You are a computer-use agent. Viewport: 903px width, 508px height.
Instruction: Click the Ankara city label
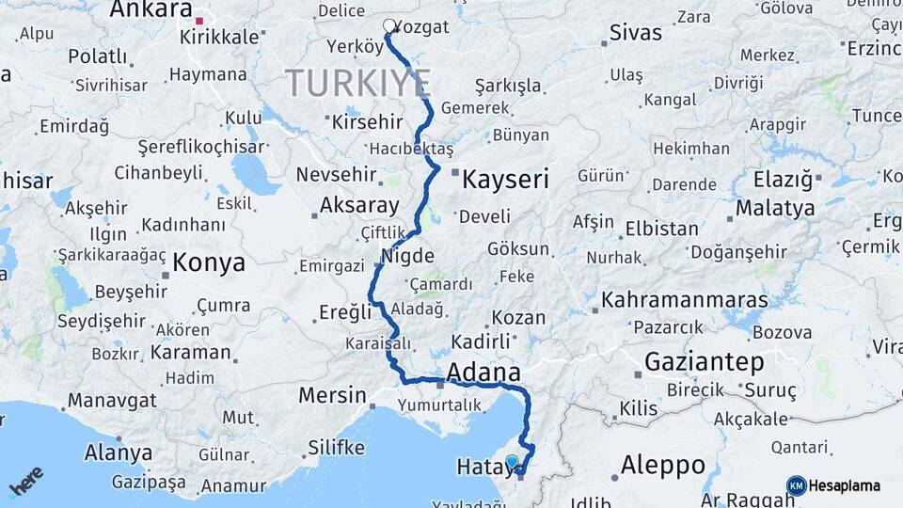point(150,10)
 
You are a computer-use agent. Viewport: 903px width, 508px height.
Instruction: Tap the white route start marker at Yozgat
point(389,25)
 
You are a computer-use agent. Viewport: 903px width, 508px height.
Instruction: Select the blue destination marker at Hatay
point(512,461)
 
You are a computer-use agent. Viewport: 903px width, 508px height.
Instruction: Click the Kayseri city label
point(504,179)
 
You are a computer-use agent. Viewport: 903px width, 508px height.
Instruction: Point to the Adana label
point(483,370)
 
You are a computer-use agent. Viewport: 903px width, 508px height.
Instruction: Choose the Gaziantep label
point(705,361)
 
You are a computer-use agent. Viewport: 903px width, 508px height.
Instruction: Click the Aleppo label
point(663,465)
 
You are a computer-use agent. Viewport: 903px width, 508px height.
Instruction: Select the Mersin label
point(332,394)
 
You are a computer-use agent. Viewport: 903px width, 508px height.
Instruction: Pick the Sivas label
point(636,33)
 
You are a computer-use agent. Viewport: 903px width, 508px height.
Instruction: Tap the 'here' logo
point(25,482)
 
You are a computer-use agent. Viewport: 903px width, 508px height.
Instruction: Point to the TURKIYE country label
point(357,83)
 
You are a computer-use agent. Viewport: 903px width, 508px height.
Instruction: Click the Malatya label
point(775,207)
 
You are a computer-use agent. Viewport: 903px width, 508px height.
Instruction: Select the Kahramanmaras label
point(685,300)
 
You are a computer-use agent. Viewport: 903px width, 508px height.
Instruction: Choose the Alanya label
point(119,452)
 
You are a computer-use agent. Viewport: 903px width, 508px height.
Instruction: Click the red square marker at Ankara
point(199,19)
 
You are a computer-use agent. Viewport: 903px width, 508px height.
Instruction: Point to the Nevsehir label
point(335,175)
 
